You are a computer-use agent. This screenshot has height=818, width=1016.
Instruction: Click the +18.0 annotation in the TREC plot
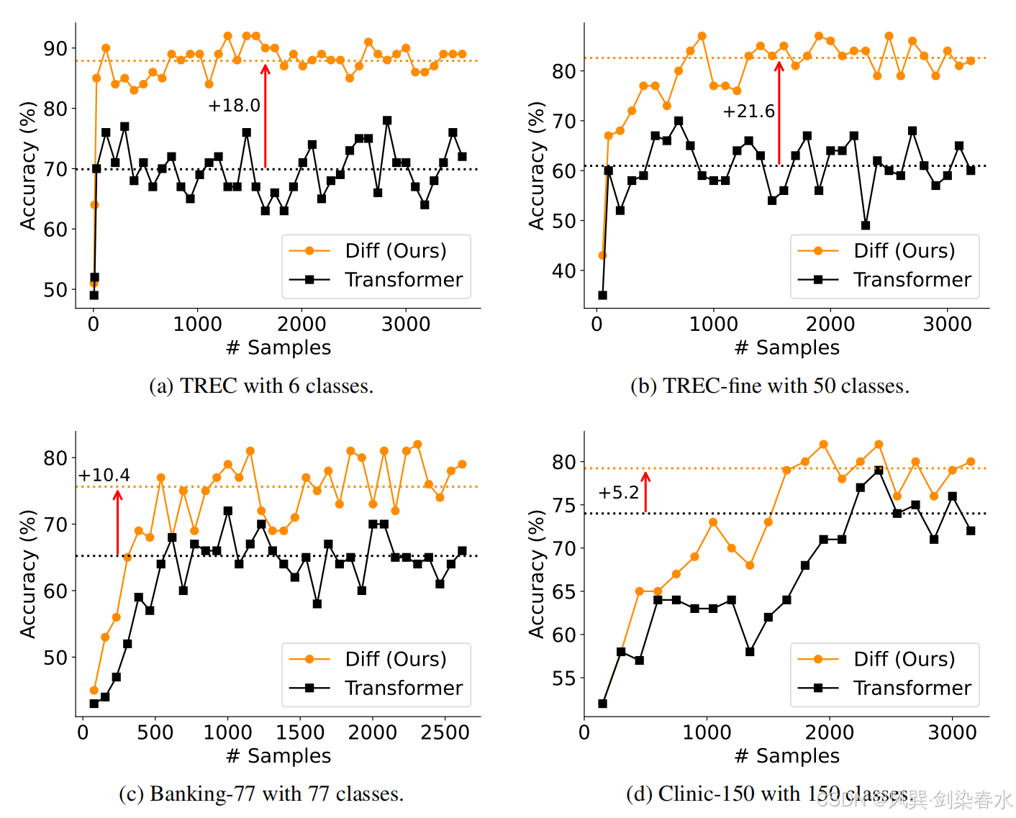(x=234, y=106)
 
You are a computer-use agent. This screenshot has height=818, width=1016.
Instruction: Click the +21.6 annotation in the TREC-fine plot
(x=748, y=112)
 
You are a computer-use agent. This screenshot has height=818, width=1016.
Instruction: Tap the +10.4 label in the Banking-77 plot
(x=104, y=476)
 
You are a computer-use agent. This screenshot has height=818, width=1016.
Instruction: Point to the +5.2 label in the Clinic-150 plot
(x=618, y=493)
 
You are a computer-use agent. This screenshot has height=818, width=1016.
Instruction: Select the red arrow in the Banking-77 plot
(x=117, y=522)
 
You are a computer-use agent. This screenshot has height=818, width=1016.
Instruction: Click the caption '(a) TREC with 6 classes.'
(x=261, y=386)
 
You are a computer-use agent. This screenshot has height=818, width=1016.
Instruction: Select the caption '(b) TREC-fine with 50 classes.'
(x=769, y=386)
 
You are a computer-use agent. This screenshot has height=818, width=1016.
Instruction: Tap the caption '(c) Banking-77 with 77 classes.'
(x=261, y=794)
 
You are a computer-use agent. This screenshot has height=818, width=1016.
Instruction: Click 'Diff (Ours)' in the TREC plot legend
(x=395, y=251)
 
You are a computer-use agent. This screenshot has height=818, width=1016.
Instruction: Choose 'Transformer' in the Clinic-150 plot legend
(x=912, y=689)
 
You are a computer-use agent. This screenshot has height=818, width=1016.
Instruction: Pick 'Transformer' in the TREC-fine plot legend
(x=912, y=280)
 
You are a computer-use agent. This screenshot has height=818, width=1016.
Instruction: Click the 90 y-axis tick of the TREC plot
(x=55, y=49)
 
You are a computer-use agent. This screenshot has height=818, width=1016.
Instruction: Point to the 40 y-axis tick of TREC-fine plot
(x=563, y=271)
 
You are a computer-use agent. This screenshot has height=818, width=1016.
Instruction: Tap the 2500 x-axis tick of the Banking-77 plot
(x=445, y=732)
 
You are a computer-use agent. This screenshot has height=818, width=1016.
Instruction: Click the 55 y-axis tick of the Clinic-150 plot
(x=563, y=678)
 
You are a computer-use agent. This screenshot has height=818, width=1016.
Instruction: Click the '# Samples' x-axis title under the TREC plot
(x=278, y=347)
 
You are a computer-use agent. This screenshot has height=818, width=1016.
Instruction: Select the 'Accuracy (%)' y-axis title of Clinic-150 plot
(x=536, y=574)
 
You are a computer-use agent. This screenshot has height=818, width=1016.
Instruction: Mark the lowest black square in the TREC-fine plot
(x=602, y=295)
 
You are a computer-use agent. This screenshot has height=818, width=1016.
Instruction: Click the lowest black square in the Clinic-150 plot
(x=602, y=704)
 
